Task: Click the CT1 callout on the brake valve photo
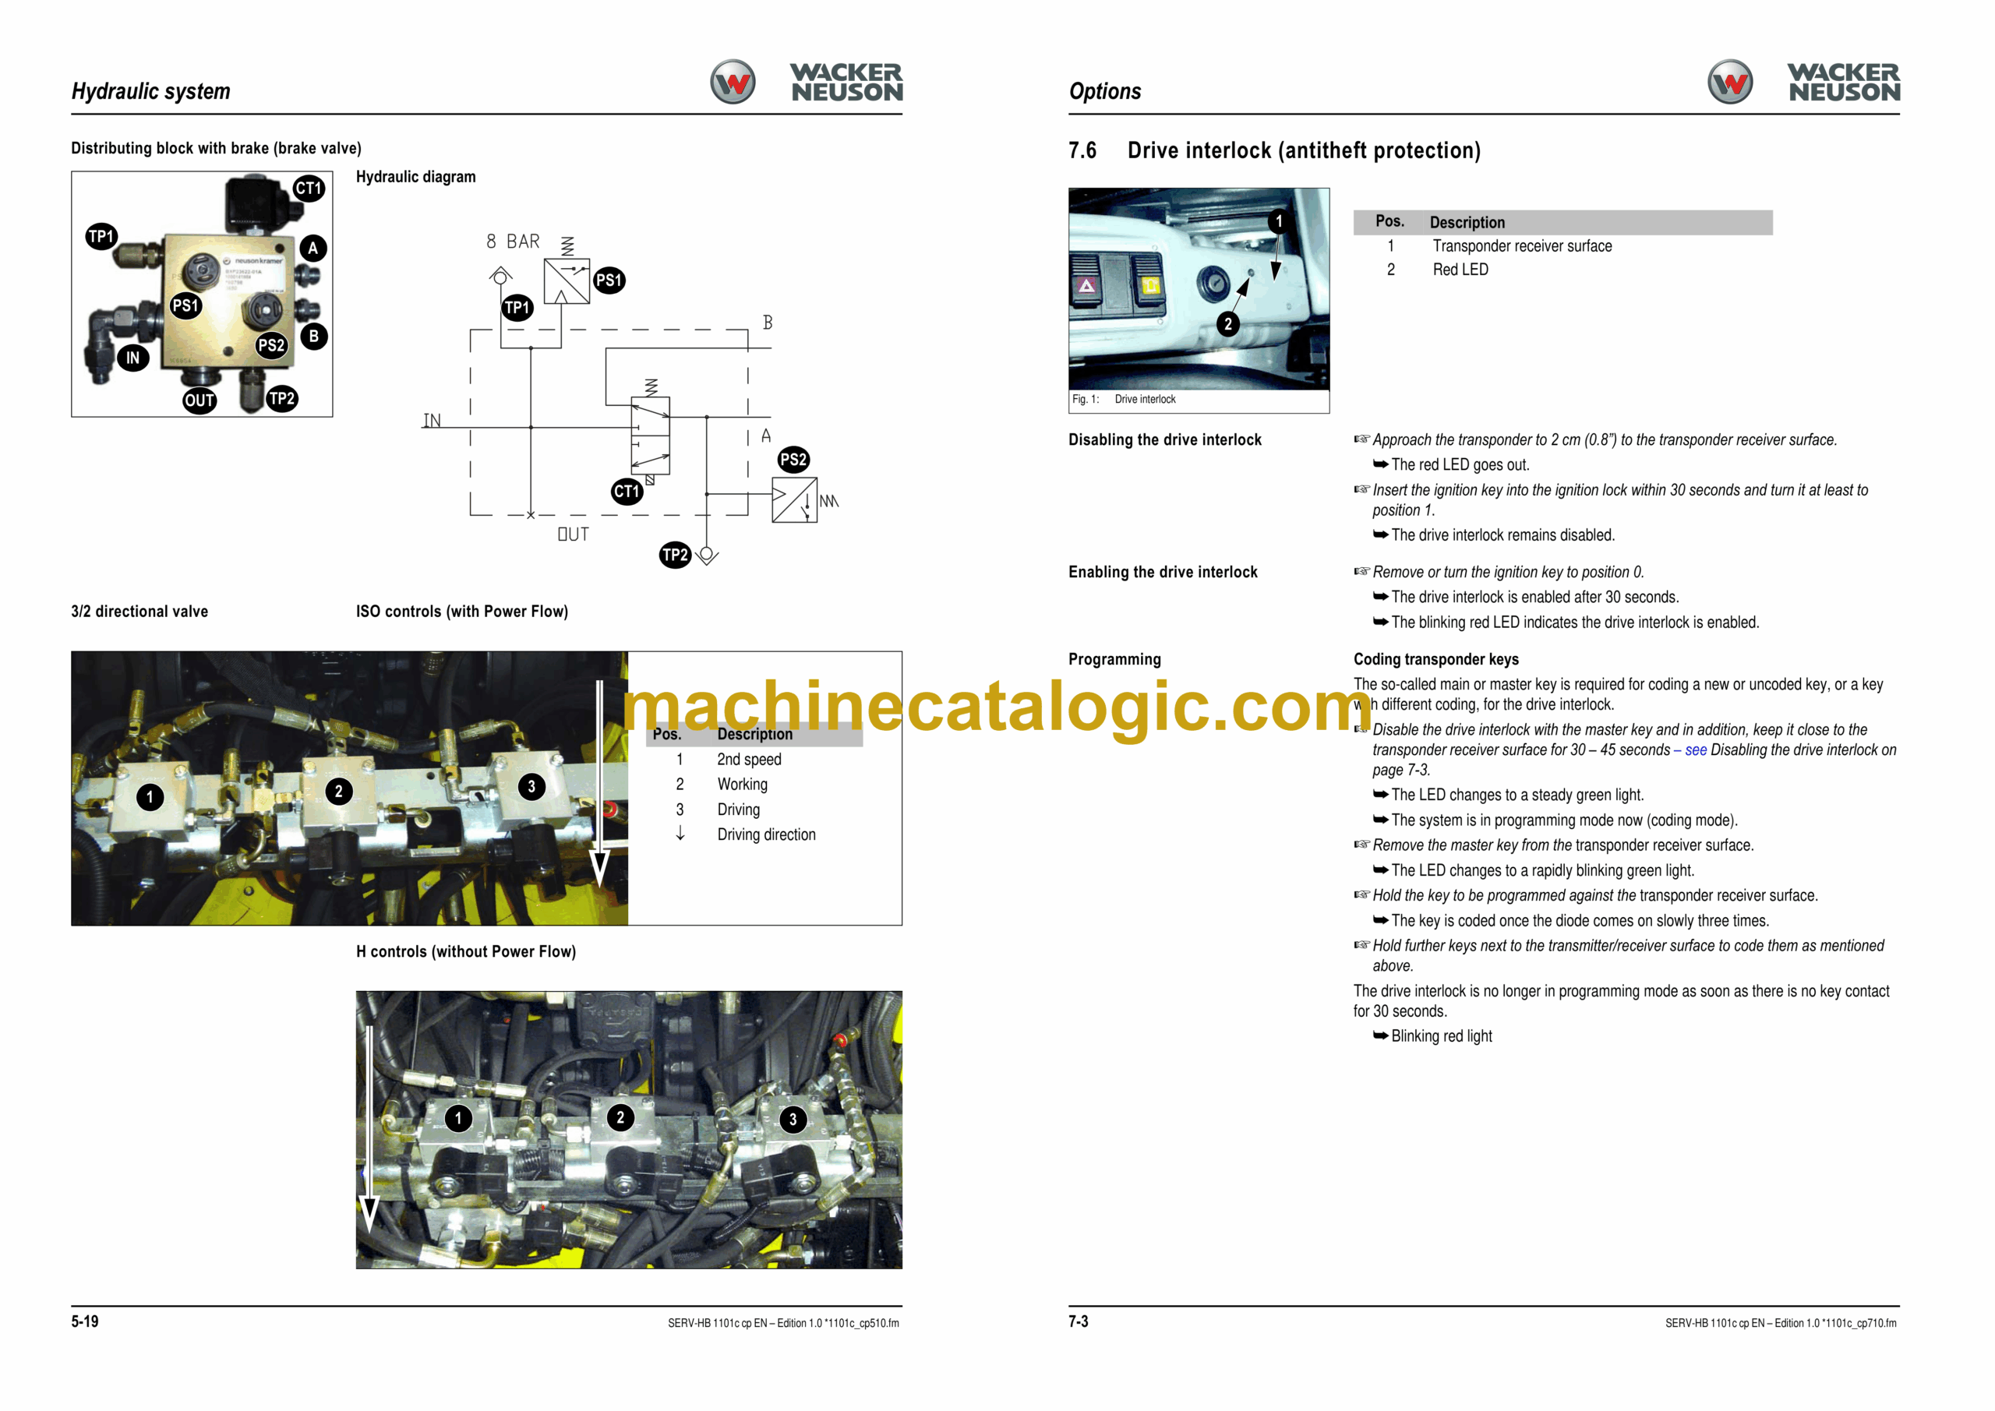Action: tap(309, 189)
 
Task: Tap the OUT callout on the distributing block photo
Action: tap(199, 400)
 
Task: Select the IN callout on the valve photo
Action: tap(133, 357)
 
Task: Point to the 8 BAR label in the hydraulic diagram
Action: tap(513, 242)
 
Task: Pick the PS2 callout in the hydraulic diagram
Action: tap(793, 460)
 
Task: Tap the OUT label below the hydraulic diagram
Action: tap(574, 534)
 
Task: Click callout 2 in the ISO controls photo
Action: tap(339, 792)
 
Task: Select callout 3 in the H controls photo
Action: tap(793, 1119)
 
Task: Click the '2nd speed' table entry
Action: tap(749, 760)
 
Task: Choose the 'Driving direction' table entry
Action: tap(766, 835)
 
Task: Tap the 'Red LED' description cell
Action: tap(1460, 270)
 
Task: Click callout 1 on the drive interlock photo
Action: tap(1278, 221)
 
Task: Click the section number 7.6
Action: tap(1082, 150)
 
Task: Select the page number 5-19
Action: tap(85, 1321)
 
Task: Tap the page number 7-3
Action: tap(1079, 1321)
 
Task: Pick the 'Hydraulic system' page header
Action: tap(151, 91)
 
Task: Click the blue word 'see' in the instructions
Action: tap(1696, 750)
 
